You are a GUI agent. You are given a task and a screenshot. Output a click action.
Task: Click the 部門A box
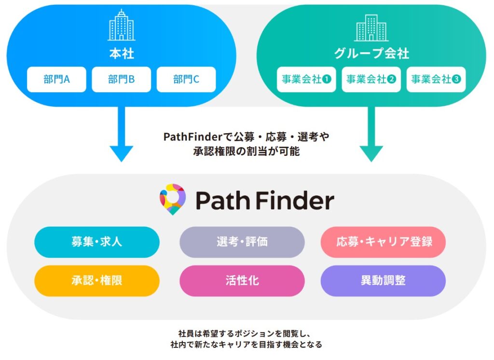(x=56, y=79)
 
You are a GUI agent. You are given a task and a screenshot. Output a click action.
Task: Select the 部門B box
(x=121, y=79)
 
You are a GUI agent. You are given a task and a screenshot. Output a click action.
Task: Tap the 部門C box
(x=186, y=79)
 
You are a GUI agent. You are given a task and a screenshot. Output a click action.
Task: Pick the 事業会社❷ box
(x=371, y=79)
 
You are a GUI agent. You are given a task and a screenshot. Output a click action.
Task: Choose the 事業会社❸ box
(x=436, y=79)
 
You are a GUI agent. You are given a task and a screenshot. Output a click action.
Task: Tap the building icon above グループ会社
(x=371, y=27)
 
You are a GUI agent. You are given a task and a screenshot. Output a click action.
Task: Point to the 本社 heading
(x=121, y=54)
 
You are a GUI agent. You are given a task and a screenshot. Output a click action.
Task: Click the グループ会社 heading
(x=371, y=54)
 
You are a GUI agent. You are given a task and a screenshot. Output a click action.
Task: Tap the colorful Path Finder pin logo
(x=172, y=199)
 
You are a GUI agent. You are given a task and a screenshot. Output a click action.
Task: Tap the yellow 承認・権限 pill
(x=96, y=280)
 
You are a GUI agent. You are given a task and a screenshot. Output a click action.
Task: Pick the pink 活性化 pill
(x=242, y=280)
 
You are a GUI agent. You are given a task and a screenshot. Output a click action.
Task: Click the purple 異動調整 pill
(x=383, y=280)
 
